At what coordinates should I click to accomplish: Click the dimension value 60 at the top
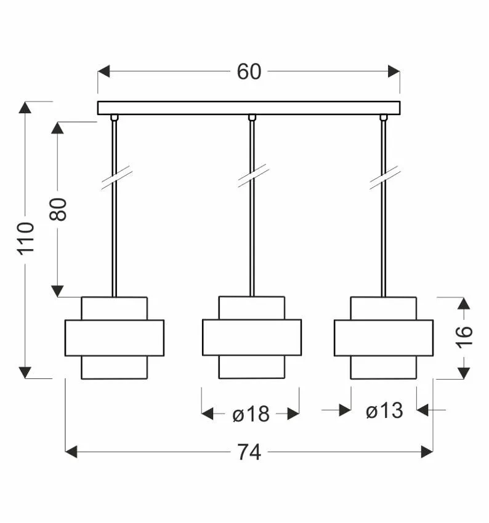click(x=249, y=72)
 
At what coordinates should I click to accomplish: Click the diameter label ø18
click(x=251, y=414)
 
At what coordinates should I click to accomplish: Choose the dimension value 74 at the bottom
click(x=249, y=452)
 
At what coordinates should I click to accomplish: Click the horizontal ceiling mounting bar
click(x=249, y=108)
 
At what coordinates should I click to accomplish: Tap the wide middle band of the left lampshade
click(x=115, y=338)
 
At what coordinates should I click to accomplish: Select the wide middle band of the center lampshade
click(x=252, y=337)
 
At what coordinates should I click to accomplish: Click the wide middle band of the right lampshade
click(x=384, y=338)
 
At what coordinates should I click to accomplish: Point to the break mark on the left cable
click(x=116, y=178)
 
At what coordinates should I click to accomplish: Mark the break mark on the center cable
click(x=253, y=176)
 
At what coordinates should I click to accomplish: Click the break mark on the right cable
click(x=385, y=177)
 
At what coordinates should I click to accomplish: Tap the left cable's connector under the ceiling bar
click(x=114, y=118)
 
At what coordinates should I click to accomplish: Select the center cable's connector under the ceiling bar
click(x=251, y=118)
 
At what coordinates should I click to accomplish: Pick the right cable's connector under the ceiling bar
click(x=384, y=118)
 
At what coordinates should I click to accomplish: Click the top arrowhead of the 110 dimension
click(x=25, y=108)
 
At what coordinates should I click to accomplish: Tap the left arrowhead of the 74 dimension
click(x=71, y=452)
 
